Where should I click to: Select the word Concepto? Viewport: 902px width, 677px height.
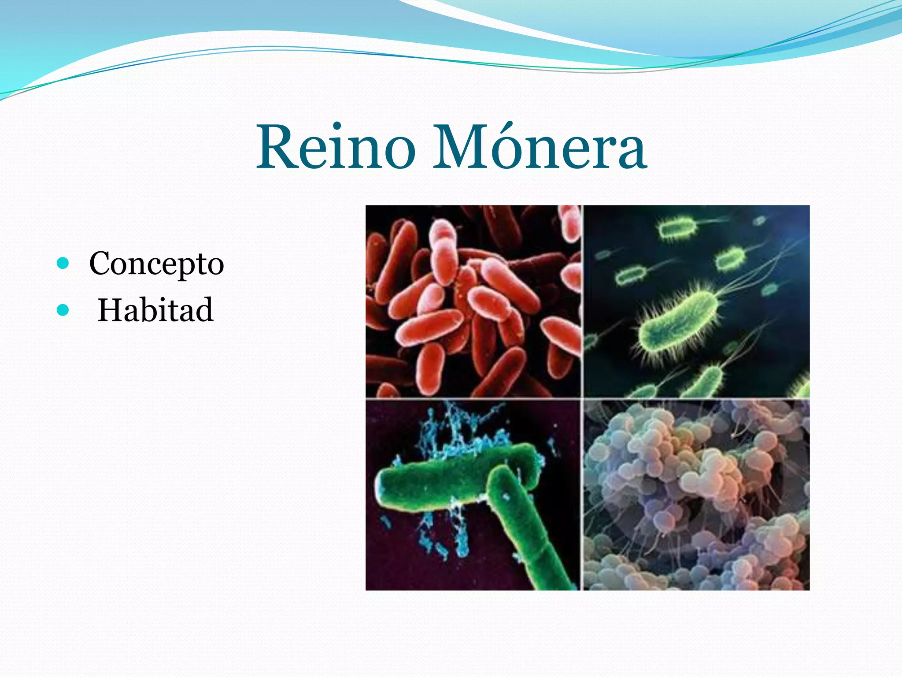click(156, 264)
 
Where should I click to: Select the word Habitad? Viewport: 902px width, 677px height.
click(155, 310)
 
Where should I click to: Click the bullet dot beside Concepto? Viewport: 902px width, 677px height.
click(63, 264)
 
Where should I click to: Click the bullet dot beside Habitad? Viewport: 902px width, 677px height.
click(63, 310)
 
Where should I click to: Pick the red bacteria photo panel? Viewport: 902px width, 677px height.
click(473, 301)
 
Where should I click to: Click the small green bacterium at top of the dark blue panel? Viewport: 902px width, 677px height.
click(676, 228)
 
